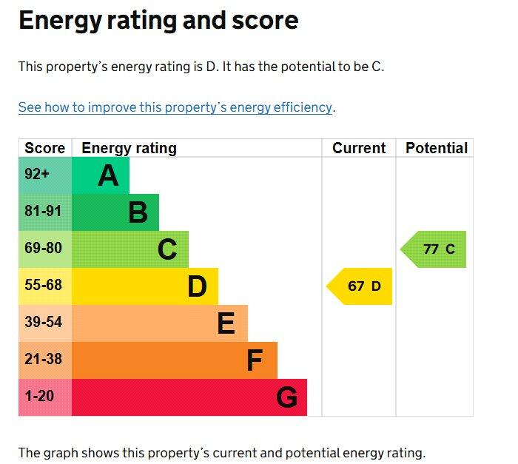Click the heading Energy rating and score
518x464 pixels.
[x=158, y=21]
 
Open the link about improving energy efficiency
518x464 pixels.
[x=175, y=107]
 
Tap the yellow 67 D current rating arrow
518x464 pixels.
[x=360, y=286]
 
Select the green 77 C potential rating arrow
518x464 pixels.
[x=435, y=249]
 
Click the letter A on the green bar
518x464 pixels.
[x=108, y=176]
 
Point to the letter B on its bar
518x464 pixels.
[x=138, y=213]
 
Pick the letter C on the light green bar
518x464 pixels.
[x=167, y=250]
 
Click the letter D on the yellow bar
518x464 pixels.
[x=197, y=286]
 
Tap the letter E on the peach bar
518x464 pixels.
[x=226, y=323]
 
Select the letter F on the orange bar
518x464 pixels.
[x=255, y=360]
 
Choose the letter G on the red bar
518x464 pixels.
[x=286, y=398]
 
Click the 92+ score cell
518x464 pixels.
[x=38, y=175]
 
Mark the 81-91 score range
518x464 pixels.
[x=43, y=212]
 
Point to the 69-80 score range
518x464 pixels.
[x=43, y=249]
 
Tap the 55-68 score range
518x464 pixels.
[x=43, y=286]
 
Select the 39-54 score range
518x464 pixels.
[x=43, y=323]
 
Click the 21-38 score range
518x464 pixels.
[x=43, y=360]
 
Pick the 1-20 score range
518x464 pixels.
[x=39, y=397]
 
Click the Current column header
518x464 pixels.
[x=359, y=148]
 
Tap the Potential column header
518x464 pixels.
[x=437, y=148]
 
